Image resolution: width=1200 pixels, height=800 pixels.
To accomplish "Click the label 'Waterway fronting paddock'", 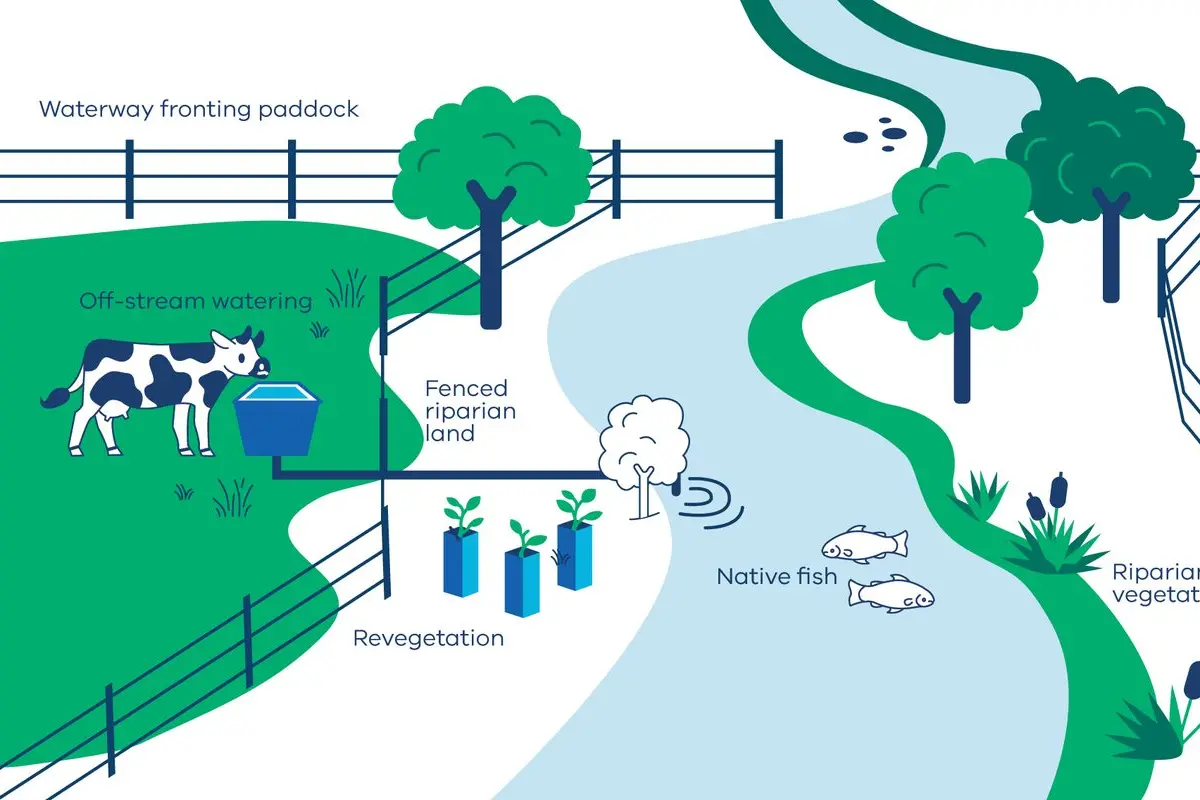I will pos(198,109).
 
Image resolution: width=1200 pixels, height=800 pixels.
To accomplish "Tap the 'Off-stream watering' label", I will pos(195,300).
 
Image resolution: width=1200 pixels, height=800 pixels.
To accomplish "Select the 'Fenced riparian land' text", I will pos(466,411).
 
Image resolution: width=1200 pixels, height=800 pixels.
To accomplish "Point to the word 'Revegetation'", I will pos(428,638).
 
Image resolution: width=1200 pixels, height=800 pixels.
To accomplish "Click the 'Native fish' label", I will pos(776,576).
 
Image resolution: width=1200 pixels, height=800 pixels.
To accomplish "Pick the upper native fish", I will pos(865,544).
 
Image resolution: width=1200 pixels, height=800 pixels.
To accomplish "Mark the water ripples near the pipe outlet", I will pos(713,500).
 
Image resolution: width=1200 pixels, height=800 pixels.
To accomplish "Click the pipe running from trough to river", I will pos(450,474).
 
